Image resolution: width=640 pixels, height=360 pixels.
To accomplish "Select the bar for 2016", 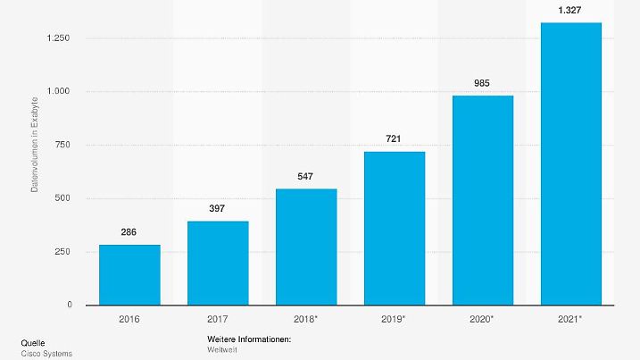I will coord(129,275).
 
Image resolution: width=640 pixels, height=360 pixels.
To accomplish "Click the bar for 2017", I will coord(218,264).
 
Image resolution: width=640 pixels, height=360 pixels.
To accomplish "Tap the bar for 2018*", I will coord(306,247).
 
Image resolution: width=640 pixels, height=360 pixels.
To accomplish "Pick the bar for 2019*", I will coord(395,229).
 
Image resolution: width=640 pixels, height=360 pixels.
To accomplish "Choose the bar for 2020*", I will coord(483,200).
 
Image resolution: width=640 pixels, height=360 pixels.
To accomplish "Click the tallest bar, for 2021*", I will coord(571,164).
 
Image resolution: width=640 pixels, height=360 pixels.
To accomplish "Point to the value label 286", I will coord(129,232).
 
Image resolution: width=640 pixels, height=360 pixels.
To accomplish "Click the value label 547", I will coord(306,176).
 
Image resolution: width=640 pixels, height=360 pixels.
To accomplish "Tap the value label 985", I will coord(483,83).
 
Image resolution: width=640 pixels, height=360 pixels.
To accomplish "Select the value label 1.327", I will coord(571,10).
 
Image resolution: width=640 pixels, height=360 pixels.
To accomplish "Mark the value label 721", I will coord(395,139).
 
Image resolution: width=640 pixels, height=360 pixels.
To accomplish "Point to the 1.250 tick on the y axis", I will coord(59,38).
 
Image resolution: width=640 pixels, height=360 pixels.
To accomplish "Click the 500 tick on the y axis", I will coord(63,198).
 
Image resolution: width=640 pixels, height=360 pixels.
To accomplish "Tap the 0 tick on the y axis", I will coord(69,306).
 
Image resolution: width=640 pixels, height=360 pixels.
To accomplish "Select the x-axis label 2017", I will coord(218,317).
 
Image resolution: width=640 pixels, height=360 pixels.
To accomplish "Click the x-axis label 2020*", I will coord(483,317).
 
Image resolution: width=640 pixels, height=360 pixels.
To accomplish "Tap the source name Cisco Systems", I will coord(46,354).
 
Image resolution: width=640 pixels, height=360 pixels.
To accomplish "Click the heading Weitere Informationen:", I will coord(249,340).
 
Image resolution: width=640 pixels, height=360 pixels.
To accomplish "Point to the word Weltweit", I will coord(221,349).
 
